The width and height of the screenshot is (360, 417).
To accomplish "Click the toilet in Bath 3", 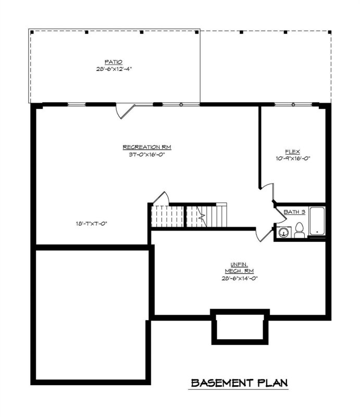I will [x=299, y=230].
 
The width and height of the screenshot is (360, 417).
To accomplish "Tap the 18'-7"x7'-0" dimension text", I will [x=94, y=224].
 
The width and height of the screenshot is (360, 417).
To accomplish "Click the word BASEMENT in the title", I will [x=221, y=383].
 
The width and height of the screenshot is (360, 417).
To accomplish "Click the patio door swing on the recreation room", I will [x=126, y=110].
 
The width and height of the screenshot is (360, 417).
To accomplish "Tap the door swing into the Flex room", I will [x=266, y=190].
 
